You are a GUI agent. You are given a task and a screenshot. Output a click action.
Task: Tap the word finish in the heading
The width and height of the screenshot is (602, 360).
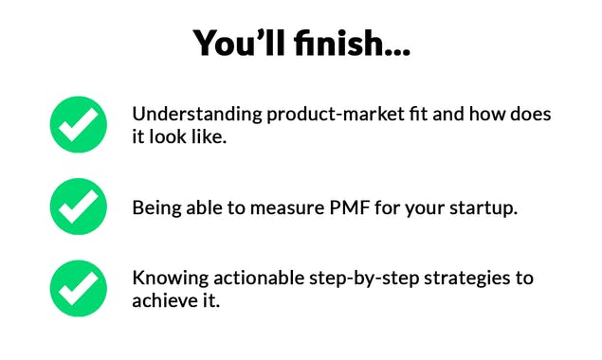337,42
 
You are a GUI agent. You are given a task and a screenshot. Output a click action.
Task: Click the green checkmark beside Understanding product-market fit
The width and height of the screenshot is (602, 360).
78,125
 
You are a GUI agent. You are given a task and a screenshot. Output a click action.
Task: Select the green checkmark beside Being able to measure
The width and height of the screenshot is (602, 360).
78,206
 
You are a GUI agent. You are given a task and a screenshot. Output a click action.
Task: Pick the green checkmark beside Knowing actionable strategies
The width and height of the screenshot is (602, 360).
78,288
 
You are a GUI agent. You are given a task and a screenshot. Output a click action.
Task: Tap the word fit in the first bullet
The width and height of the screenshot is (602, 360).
419,115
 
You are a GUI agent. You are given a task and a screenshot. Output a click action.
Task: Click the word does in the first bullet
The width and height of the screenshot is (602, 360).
529,115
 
